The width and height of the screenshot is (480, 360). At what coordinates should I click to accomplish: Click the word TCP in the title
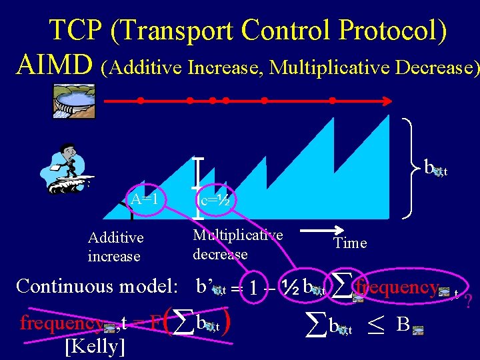tap(75, 30)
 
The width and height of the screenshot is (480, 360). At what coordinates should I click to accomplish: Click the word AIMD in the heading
tap(55, 64)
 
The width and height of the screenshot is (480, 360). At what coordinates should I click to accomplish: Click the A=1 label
tap(144, 199)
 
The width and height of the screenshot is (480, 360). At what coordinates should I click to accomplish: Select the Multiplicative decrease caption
tap(237, 244)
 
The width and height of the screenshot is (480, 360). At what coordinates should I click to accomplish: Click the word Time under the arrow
tap(351, 243)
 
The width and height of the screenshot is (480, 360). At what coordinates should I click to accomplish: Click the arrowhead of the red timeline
tap(385, 101)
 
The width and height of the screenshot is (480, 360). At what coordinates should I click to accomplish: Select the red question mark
tap(468, 301)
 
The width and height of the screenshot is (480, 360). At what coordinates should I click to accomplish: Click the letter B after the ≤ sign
tap(403, 325)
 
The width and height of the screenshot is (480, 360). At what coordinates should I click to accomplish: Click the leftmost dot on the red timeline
tap(141, 101)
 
